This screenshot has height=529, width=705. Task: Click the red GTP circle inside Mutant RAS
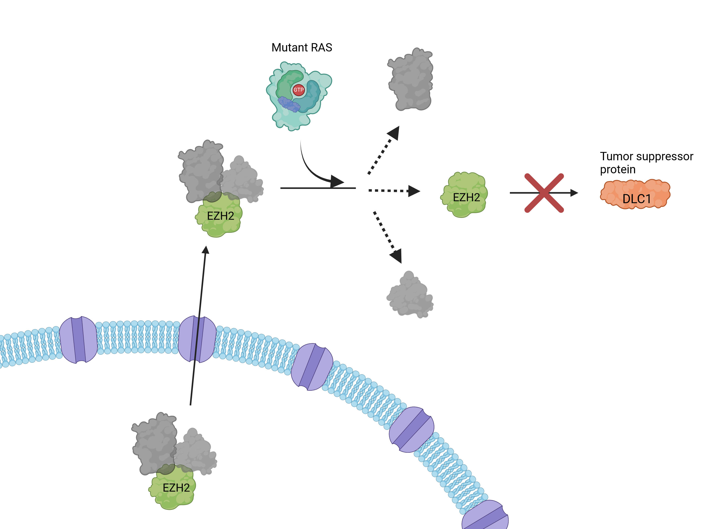pos(298,90)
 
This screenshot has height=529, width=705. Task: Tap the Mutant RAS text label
pos(301,48)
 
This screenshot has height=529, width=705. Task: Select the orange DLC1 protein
pos(635,194)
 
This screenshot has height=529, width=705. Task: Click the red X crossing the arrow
pos(544,193)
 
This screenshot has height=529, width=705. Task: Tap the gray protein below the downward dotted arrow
pos(410,295)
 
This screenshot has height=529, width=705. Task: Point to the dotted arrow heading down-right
pos(387,236)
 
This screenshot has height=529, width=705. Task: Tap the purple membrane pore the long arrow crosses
pos(197,339)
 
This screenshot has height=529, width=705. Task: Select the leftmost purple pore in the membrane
pos(78,340)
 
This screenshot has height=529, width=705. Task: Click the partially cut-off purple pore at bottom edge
pos(485,517)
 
